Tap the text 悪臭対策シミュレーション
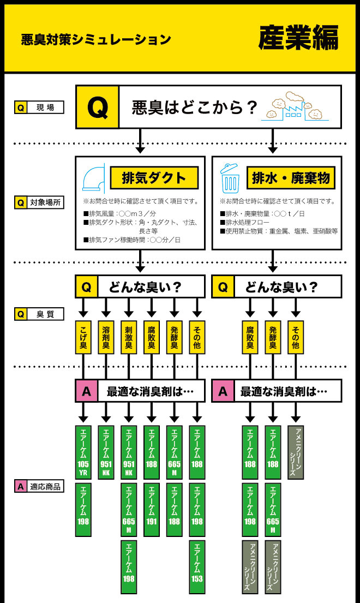click(x=95, y=39)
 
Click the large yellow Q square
click(x=97, y=107)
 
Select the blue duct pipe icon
click(x=93, y=176)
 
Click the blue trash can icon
click(x=229, y=177)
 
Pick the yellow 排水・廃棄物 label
click(x=291, y=177)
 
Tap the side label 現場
click(x=39, y=108)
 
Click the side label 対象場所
click(x=39, y=203)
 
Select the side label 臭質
click(x=39, y=314)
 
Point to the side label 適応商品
click(x=39, y=487)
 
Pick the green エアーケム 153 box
click(x=197, y=567)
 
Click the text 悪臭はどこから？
click(x=194, y=108)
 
